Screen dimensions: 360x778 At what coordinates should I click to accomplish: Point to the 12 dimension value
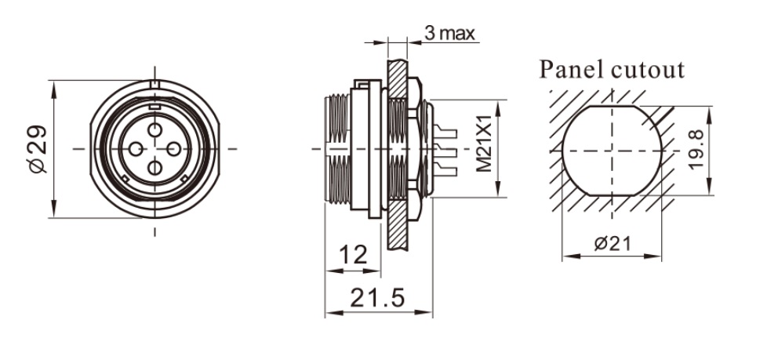coord(354,254)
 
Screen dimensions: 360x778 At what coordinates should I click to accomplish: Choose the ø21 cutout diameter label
coord(613,243)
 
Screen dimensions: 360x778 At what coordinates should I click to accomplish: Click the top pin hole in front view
coord(155,128)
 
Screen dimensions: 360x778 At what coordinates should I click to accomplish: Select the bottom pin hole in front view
coord(155,166)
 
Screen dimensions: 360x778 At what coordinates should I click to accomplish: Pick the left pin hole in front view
coord(136,147)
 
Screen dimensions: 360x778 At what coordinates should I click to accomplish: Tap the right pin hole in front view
coord(173,147)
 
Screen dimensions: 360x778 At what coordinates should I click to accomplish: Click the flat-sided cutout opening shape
coord(613,149)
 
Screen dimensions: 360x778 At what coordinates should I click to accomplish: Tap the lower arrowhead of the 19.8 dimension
coord(710,188)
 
